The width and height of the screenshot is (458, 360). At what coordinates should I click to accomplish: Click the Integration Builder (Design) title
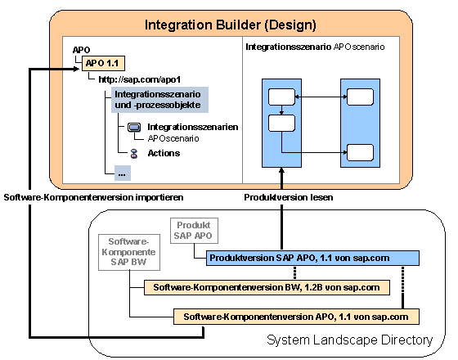pos(230,25)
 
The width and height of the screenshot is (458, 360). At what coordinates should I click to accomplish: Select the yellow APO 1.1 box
pos(103,63)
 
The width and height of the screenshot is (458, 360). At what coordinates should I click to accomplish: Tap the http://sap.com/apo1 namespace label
pos(140,79)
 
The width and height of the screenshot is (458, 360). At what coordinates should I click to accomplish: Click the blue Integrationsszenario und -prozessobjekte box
pos(159,100)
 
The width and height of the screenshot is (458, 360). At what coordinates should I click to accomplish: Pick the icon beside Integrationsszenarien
pos(134,128)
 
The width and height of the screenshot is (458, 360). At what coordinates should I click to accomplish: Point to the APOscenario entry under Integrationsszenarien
pos(173,138)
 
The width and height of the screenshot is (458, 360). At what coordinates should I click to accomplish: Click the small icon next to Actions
pos(134,154)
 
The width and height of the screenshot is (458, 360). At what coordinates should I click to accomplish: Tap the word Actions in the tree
pos(164,153)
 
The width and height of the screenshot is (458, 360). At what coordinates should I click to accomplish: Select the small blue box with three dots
pos(123,173)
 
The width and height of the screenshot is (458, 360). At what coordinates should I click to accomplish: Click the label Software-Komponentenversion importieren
pos(93,197)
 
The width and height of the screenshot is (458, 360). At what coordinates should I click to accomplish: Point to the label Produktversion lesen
pos(289,197)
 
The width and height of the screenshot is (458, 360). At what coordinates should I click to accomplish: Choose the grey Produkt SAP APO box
pos(194,231)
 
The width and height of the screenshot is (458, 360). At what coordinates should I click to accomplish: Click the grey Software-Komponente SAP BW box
pos(129,252)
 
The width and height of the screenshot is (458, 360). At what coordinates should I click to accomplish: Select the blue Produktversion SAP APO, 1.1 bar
pos(312,258)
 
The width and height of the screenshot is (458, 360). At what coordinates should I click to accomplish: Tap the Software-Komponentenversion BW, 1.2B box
pos(267,287)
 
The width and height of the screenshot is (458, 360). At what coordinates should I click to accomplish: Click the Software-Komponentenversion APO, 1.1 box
pos(296,317)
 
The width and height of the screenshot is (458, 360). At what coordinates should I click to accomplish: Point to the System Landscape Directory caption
pos(350,340)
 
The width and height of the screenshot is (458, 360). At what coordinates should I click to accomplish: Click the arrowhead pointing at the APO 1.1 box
pos(77,69)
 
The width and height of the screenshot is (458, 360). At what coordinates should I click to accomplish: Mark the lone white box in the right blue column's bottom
pos(360,152)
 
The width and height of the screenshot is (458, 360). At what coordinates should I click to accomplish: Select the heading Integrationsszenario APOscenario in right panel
pos(315,47)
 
